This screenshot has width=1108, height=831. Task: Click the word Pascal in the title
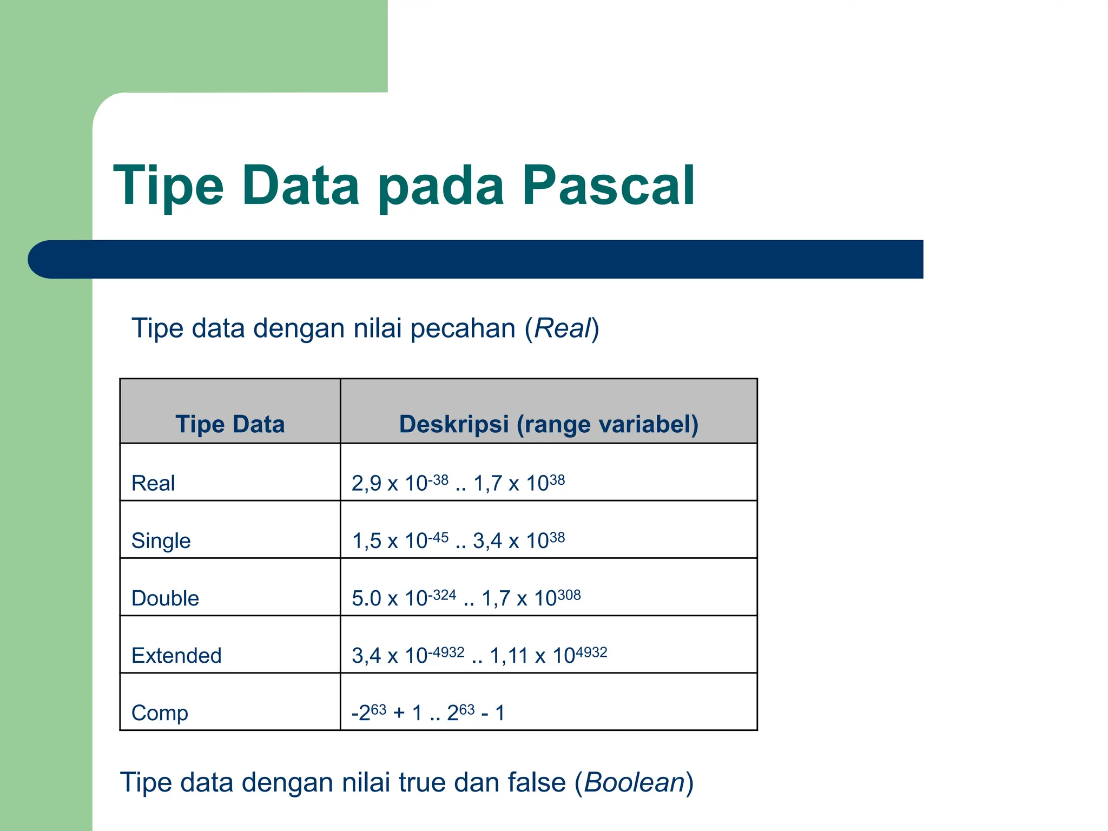tap(608, 186)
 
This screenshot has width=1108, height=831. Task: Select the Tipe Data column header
tap(230, 424)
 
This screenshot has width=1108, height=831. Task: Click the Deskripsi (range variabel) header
tap(549, 424)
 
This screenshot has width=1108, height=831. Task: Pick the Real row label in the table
tap(153, 483)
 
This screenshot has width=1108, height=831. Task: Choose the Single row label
tap(161, 540)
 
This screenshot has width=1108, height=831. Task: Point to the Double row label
tap(165, 598)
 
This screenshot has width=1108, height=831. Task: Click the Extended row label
tap(176, 655)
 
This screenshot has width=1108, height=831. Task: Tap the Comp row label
tap(160, 713)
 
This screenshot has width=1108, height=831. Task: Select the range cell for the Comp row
tap(428, 712)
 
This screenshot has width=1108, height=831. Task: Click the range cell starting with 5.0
tap(466, 597)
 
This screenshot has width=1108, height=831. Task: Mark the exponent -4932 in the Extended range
tap(446, 652)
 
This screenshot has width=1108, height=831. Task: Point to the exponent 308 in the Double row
tap(569, 595)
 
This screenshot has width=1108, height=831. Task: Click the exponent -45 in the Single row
tap(438, 537)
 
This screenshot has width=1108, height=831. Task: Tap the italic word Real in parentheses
tap(562, 328)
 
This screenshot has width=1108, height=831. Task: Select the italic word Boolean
tap(635, 782)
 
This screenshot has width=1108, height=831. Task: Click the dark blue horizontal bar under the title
tap(476, 259)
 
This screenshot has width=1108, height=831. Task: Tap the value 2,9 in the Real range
tap(366, 483)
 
